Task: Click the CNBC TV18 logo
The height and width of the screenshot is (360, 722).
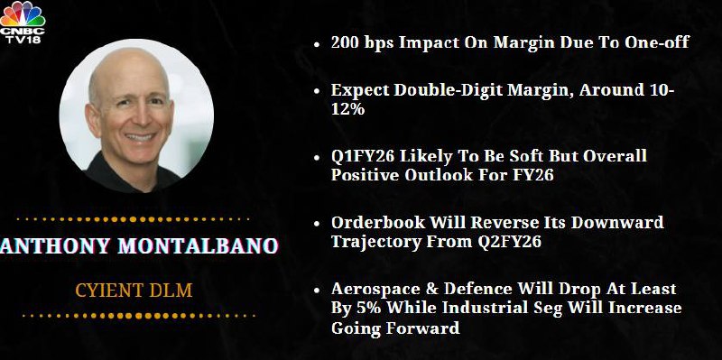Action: point(23,23)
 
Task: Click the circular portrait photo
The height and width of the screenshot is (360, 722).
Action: point(136,115)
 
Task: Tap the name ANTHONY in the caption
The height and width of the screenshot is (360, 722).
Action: point(55,245)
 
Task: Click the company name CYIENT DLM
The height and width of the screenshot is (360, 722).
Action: point(134,291)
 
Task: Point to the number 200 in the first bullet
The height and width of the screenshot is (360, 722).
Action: point(346,42)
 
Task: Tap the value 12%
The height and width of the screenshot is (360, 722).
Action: point(347,109)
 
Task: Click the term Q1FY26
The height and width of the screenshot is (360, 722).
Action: point(363,156)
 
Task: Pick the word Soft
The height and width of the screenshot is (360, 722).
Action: point(521,156)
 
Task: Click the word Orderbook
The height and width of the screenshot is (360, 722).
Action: point(378,222)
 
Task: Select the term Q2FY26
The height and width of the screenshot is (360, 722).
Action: point(509,242)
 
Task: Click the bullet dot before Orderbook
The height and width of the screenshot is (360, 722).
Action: point(317,224)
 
